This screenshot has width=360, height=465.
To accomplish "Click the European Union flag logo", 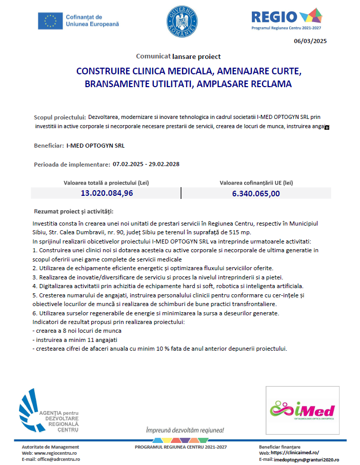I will tap(50, 21).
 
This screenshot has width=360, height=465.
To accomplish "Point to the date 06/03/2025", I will tap(310, 42).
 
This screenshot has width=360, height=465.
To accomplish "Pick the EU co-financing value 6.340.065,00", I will tap(256, 193).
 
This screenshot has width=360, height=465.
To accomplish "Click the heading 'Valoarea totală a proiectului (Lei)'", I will tap(106, 183).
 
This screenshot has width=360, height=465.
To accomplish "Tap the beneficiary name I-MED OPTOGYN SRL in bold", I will tap(95, 146).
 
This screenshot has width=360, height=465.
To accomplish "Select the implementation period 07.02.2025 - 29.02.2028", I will tap(146, 164).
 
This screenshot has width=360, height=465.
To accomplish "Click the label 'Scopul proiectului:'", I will tap(59, 117).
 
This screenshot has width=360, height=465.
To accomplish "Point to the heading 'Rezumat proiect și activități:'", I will tap(74, 211).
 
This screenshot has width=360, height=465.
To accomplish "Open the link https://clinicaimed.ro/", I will tap(294, 453).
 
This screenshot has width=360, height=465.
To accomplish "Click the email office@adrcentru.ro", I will tap(58, 459).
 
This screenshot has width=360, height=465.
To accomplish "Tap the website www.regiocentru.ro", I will tap(56, 453).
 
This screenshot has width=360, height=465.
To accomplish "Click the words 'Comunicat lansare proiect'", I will tap(178, 56).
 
